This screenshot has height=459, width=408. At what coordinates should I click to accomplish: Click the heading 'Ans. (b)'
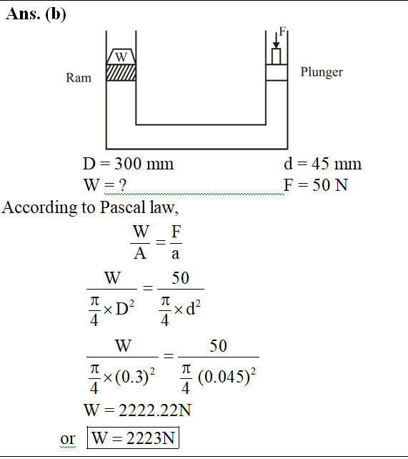[36, 14]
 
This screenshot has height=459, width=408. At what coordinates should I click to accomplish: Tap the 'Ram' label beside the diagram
[79, 78]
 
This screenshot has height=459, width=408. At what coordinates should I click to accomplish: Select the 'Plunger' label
[322, 72]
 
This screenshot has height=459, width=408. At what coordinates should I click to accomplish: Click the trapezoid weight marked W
[121, 56]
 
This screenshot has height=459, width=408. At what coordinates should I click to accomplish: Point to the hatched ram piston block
[121, 73]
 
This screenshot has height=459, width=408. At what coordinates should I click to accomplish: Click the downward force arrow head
[276, 45]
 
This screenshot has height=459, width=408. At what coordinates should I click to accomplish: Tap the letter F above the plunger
[282, 31]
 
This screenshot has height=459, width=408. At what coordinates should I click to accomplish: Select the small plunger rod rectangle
[276, 56]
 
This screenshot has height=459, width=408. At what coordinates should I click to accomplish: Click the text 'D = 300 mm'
[128, 164]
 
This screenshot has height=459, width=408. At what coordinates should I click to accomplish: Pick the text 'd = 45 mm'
[322, 164]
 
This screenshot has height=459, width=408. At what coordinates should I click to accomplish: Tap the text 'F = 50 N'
[316, 185]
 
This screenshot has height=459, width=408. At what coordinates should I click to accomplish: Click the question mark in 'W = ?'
[122, 185]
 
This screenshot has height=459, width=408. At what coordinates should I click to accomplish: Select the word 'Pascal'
[123, 207]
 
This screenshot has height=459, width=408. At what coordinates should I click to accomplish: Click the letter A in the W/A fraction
[140, 254]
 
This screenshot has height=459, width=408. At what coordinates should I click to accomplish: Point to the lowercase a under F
[175, 254]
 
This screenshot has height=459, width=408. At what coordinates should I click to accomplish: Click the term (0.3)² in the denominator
[135, 377]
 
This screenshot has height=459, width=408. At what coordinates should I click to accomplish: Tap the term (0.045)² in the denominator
[227, 377]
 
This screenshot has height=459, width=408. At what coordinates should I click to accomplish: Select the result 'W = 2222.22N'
[137, 410]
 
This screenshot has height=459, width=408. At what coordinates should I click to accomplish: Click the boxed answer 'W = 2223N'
[133, 438]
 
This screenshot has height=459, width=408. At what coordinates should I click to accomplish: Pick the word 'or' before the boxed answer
[68, 439]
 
